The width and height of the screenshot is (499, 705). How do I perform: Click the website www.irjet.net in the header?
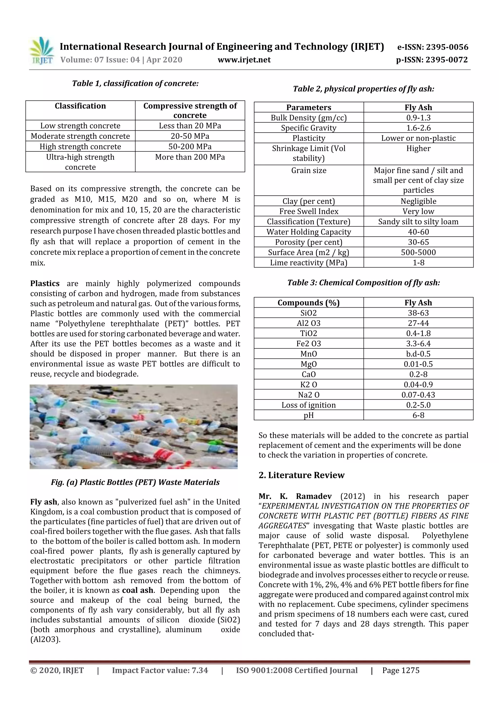pos(244,60)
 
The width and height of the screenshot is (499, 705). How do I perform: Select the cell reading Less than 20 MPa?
pos(190,126)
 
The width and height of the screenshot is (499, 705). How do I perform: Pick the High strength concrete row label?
pos(80,146)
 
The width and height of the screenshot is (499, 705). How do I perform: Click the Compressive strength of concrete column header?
pos(190,110)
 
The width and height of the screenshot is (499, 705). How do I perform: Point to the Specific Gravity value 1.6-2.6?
pos(418,128)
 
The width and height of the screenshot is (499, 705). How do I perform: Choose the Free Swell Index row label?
pos(309,211)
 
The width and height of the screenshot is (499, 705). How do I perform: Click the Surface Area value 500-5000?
pos(418,252)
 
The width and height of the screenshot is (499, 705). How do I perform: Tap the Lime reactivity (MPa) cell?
pos(309,263)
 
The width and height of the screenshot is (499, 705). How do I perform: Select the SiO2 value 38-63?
pos(418,313)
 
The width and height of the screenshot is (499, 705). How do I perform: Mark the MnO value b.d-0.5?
pos(418,354)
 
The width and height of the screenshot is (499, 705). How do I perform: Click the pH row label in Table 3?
pos(309,415)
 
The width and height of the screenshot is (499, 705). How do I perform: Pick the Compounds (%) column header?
pos(309,303)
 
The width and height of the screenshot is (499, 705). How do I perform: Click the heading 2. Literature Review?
pos(301,475)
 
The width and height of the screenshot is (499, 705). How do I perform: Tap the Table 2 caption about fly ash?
pos(364,89)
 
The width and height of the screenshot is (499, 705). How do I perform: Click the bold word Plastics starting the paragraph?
pos(45,284)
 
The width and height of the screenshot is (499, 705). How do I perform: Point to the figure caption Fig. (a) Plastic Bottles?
pos(135,482)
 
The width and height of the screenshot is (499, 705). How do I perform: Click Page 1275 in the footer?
pos(401,670)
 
